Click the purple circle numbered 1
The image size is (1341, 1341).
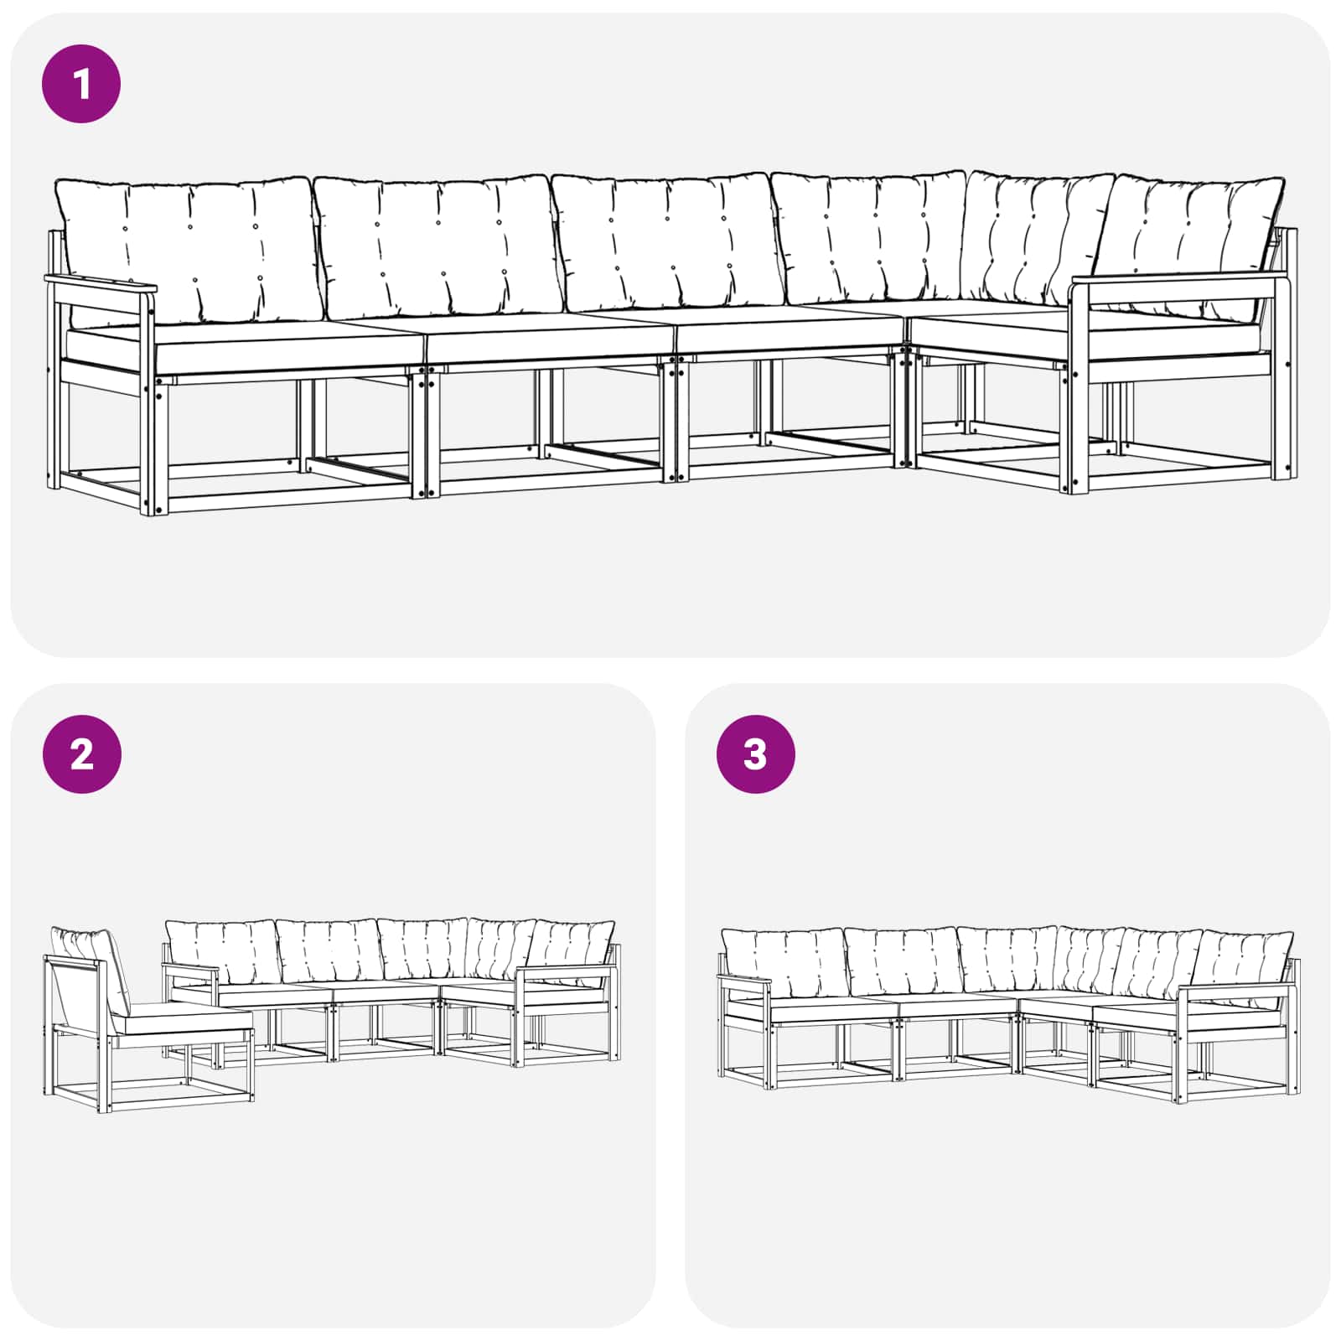(81, 84)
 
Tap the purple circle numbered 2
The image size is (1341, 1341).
(81, 754)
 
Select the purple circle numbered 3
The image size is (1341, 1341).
(755, 754)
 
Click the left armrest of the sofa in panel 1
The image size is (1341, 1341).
(101, 283)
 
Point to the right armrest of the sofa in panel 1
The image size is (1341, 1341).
(1178, 279)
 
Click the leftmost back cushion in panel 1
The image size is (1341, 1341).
(189, 250)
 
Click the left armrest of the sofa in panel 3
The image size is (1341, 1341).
(744, 980)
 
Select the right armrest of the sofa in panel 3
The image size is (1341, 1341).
(1236, 990)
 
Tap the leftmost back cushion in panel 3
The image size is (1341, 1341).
(784, 962)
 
